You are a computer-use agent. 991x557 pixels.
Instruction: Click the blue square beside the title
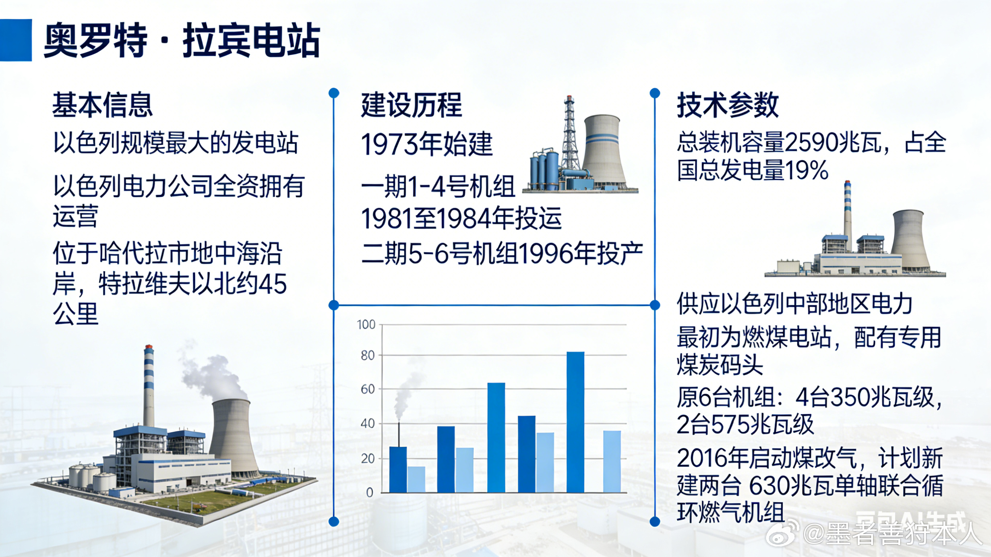pos(15,40)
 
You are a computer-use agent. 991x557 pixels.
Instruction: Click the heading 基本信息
pos(102,104)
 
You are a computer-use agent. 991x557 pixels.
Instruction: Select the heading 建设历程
pos(411,105)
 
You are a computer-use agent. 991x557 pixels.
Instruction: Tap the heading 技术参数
pos(727,105)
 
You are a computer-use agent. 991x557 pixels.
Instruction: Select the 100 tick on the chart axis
pos(366,325)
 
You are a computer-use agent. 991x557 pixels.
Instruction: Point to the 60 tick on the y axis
pos(368,389)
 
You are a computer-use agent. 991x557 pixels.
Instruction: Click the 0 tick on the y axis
pos(370,492)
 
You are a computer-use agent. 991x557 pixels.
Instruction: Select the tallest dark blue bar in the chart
pos(575,422)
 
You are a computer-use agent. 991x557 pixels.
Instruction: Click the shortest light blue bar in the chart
pos(416,479)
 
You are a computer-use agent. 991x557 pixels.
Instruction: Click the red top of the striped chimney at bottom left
pos(149,348)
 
